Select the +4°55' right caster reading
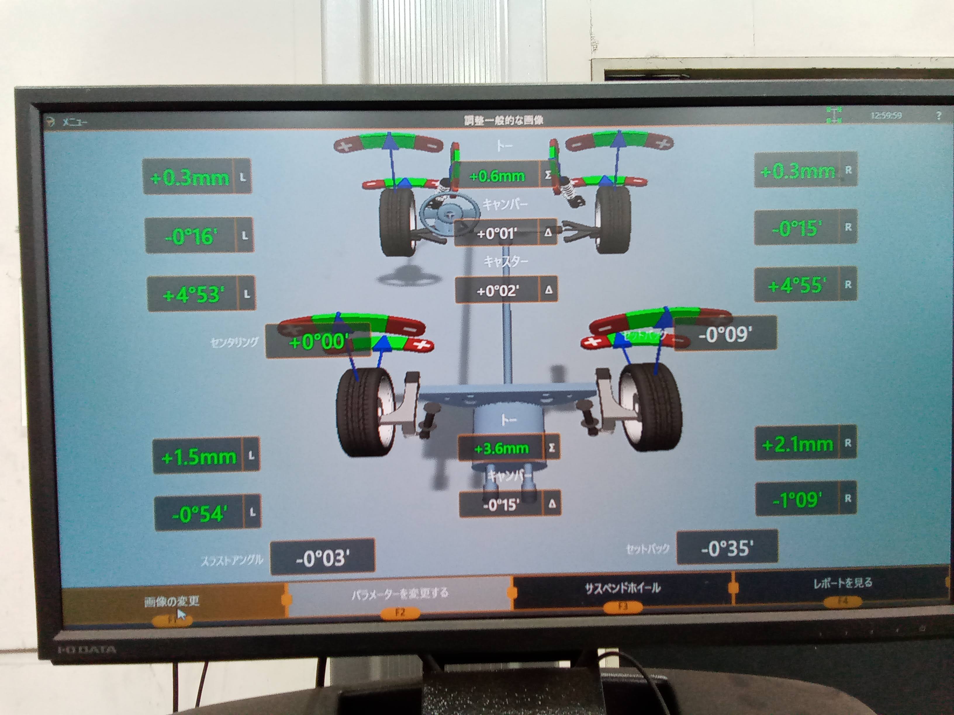(797, 285)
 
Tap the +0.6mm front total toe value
(497, 176)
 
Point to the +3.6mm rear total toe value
(501, 449)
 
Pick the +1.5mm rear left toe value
(198, 457)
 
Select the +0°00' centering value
(318, 342)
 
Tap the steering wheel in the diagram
(449, 211)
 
